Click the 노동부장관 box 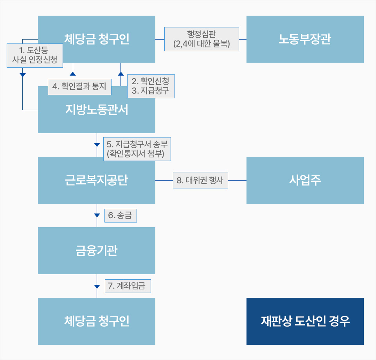click(x=305, y=39)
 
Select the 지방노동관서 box click(x=97, y=110)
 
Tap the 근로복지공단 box click(x=97, y=180)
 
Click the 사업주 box click(x=305, y=180)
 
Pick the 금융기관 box click(x=97, y=251)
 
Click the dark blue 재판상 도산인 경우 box click(x=305, y=321)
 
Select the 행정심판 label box click(x=201, y=39)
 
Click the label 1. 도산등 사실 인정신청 click(x=35, y=56)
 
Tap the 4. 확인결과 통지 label click(x=79, y=87)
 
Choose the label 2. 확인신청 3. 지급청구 click(x=151, y=86)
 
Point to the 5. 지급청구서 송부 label click(x=137, y=149)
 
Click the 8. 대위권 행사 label click(x=200, y=180)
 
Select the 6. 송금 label click(x=121, y=215)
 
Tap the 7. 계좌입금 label click(x=128, y=286)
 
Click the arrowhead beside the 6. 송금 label click(x=97, y=215)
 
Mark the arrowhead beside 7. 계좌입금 click(x=97, y=286)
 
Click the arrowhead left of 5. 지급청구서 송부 click(x=97, y=145)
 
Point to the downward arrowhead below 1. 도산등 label click(x=23, y=75)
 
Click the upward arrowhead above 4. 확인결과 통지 click(x=73, y=74)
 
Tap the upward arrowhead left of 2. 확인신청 click(x=121, y=74)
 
